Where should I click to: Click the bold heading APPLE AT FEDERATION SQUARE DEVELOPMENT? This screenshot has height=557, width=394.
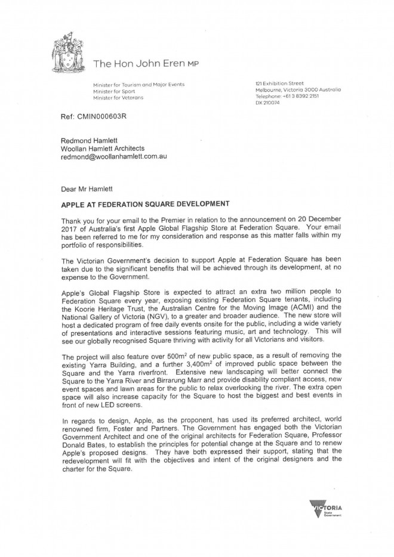[137, 203]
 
